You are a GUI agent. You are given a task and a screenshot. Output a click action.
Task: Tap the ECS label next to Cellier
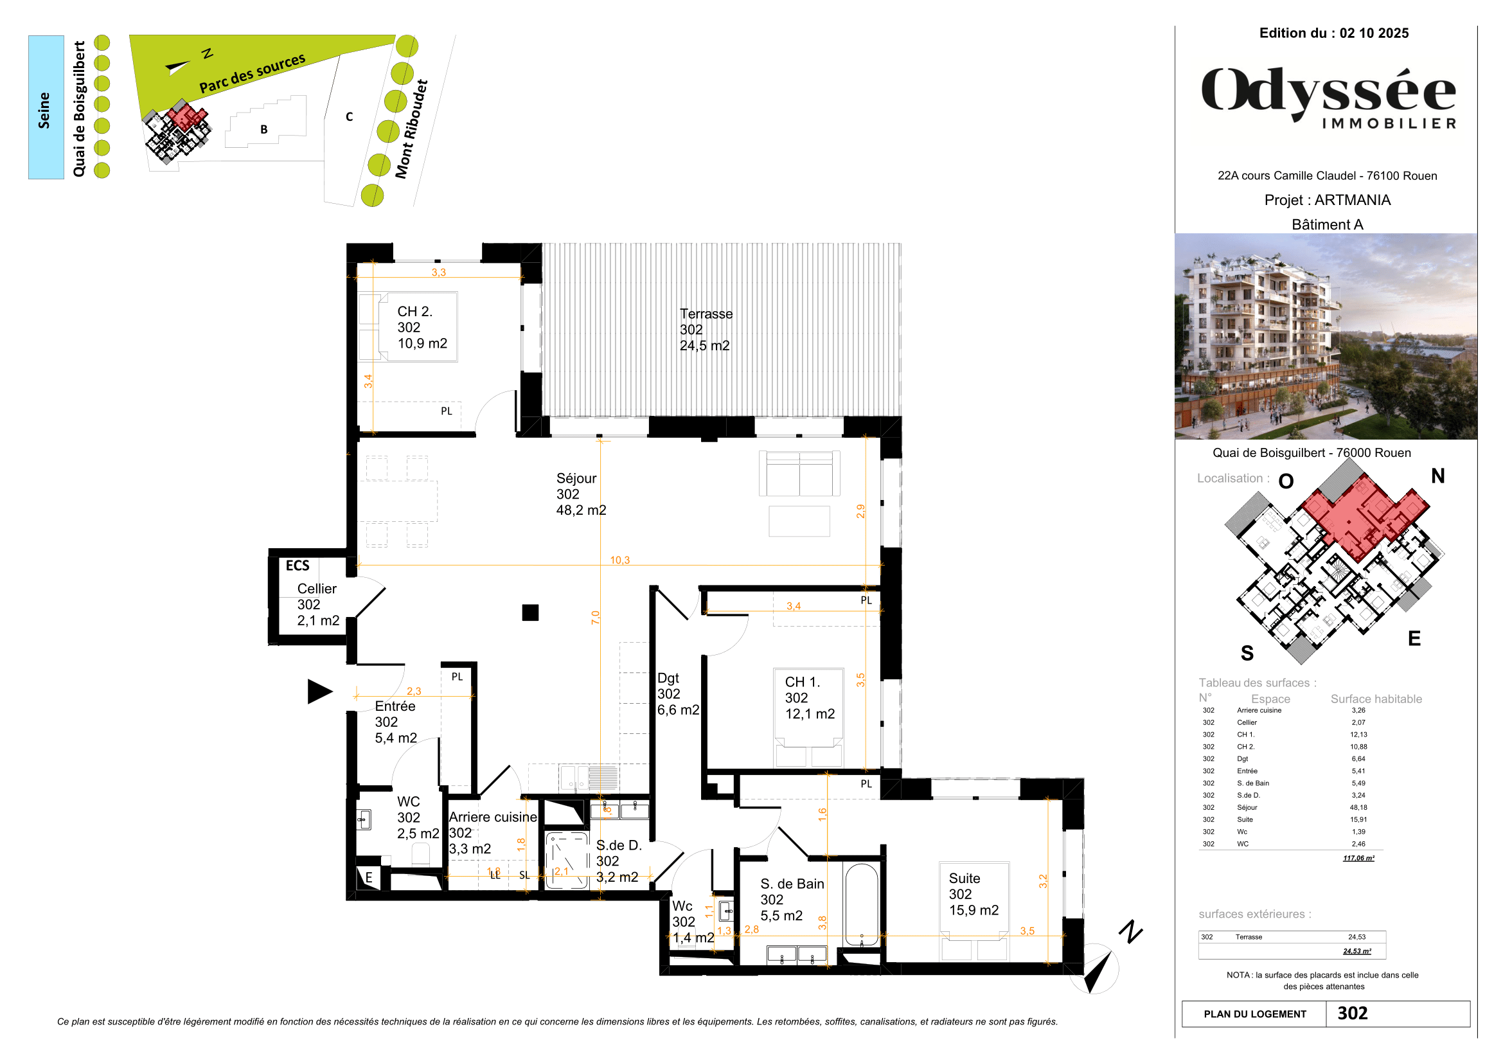tap(298, 566)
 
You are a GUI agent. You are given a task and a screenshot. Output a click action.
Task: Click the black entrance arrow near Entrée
tap(319, 692)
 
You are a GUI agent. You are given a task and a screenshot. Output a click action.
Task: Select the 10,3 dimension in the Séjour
tap(619, 560)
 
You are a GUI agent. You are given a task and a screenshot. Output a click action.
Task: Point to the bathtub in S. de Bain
tap(862, 907)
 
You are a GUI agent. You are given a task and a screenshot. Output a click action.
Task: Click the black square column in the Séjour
tap(530, 612)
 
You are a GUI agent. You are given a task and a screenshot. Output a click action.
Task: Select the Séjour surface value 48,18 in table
tap(1358, 808)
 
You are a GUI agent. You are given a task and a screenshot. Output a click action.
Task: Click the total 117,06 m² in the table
tap(1358, 858)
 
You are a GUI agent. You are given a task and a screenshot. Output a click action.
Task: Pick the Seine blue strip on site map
tap(46, 107)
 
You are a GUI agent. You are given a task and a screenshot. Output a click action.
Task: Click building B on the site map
tap(265, 129)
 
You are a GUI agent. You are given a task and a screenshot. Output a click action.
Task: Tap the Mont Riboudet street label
tap(411, 129)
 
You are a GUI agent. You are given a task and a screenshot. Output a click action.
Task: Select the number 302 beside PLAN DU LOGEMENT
tap(1352, 1014)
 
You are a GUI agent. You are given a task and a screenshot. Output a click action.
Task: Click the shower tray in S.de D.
tap(567, 860)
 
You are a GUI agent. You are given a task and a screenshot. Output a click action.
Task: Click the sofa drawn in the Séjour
tap(799, 473)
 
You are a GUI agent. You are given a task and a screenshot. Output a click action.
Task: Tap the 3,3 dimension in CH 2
tap(438, 272)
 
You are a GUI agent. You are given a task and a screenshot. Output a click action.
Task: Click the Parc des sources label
tap(252, 73)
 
